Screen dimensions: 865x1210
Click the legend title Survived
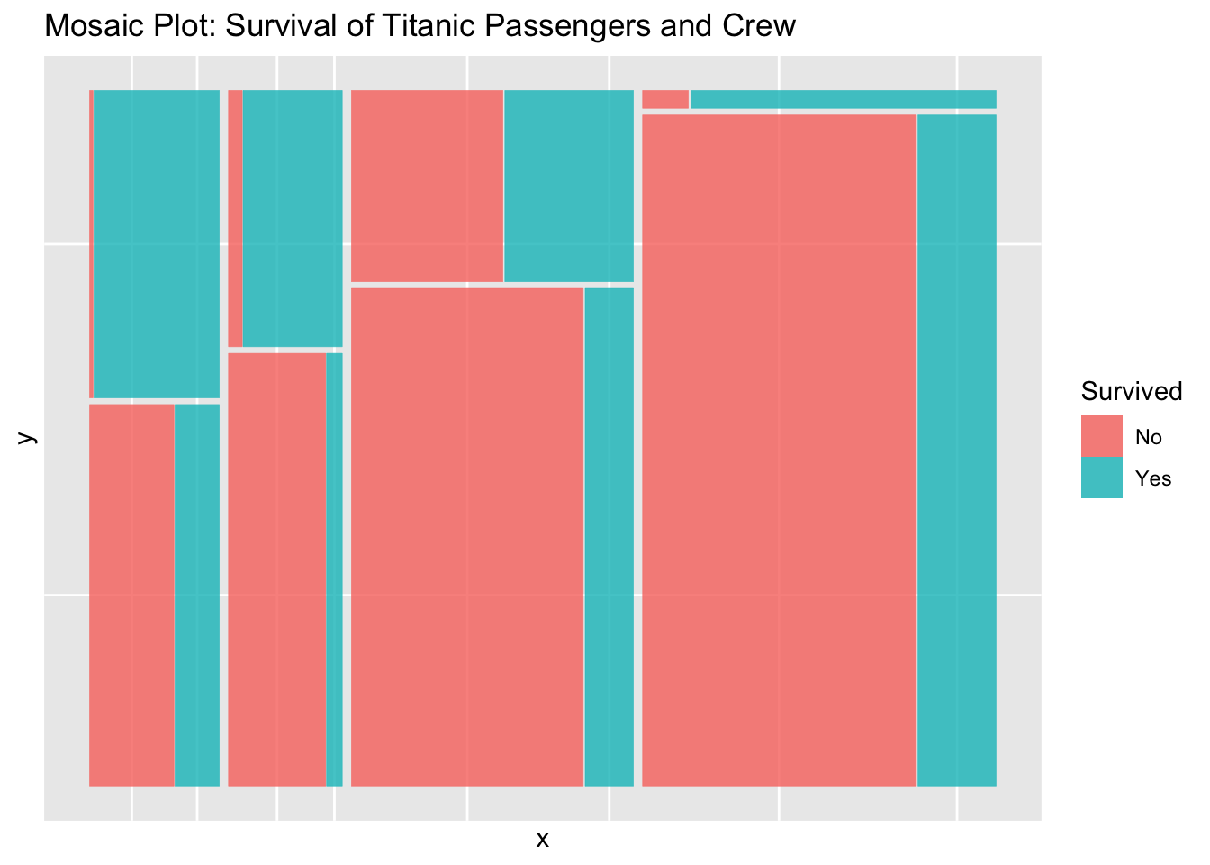point(1131,391)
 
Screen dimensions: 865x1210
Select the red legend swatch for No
point(1101,436)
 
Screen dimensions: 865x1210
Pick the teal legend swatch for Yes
point(1101,478)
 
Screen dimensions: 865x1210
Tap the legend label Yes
point(1153,478)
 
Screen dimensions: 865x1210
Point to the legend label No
point(1149,438)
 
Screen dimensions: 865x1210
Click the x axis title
point(542,841)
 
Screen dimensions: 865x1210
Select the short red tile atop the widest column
point(665,99)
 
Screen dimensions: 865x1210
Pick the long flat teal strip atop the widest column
point(843,99)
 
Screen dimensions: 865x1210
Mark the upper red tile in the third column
point(427,186)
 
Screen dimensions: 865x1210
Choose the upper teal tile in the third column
point(569,186)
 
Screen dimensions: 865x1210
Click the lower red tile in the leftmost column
point(131,595)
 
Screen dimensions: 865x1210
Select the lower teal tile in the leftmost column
point(197,595)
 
